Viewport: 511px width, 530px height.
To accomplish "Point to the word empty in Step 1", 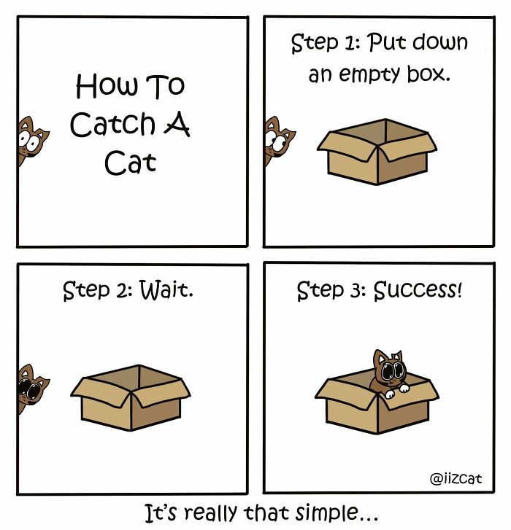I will pos(383,74).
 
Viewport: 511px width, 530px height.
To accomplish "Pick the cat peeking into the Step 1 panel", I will pos(278,139).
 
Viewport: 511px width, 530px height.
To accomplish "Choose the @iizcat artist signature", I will pos(457,479).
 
